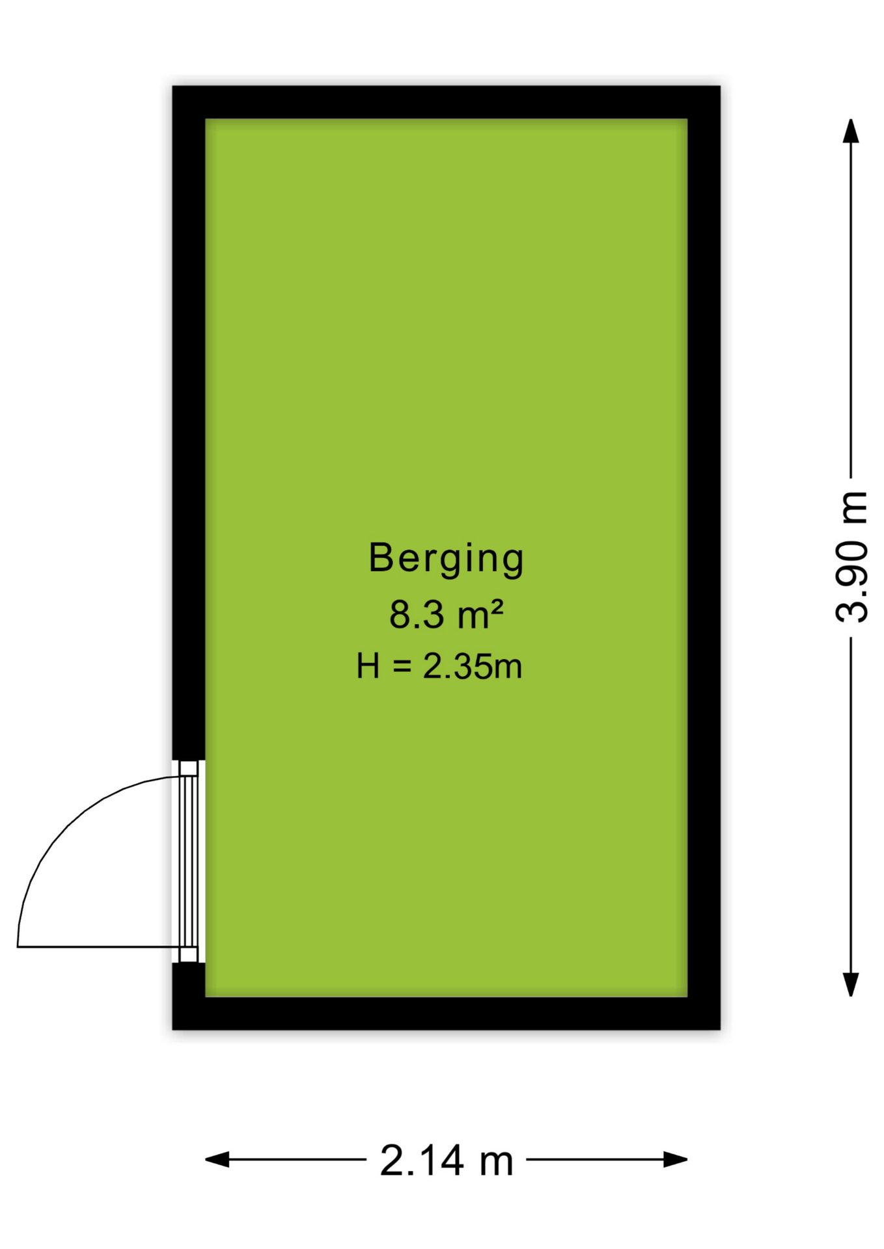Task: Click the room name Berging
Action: point(446,559)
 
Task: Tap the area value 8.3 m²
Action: point(446,615)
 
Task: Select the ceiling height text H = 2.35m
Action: point(439,666)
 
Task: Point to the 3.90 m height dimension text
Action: point(851,557)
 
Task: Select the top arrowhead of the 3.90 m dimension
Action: point(851,130)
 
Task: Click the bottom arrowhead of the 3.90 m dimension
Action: point(851,985)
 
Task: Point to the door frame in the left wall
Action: point(189,861)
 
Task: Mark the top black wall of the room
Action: point(446,102)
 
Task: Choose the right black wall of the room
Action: point(704,557)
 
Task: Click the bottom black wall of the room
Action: point(446,1014)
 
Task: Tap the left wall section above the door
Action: point(189,423)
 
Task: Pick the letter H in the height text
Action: point(368,666)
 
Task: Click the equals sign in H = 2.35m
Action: point(402,667)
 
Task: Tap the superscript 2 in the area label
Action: point(497,608)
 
